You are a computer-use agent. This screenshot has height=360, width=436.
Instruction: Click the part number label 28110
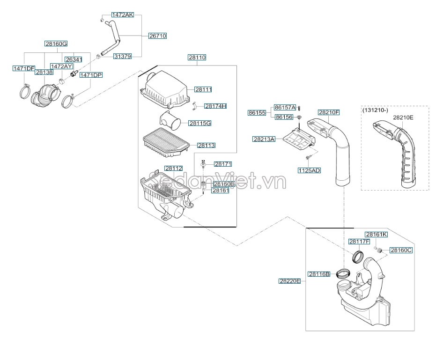197,57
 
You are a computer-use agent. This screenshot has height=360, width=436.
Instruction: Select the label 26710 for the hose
158,36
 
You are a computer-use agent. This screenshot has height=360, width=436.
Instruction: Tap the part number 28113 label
207,145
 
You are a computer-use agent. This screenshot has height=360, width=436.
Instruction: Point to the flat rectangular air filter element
166,142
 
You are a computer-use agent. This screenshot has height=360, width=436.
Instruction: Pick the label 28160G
56,44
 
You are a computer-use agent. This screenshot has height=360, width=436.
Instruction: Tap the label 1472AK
123,15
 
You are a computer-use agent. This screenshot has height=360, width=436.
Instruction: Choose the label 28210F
329,112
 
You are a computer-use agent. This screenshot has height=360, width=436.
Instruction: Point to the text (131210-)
375,110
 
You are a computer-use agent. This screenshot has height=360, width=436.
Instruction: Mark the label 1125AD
309,170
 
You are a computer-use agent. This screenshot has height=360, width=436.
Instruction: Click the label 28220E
290,281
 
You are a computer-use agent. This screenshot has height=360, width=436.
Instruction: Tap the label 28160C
401,250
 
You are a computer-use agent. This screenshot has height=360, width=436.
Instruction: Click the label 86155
257,112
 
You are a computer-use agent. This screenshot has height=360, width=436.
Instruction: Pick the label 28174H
215,106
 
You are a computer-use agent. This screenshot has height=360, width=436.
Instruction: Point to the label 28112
173,168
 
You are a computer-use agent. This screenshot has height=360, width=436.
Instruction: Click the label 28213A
264,139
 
